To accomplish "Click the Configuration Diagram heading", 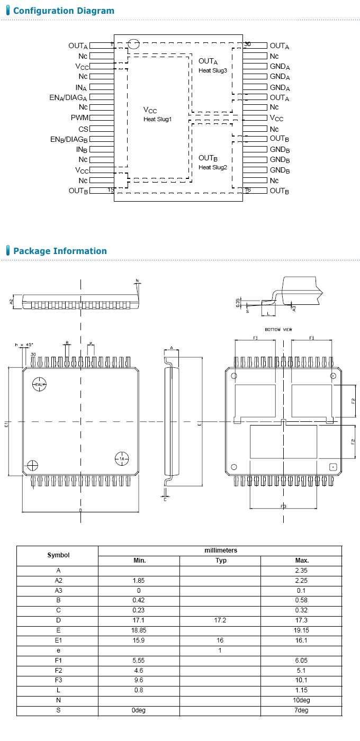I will coord(64,11).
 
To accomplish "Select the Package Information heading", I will coord(60,251).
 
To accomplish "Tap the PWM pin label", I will coord(79,118).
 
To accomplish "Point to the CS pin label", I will coord(83,129).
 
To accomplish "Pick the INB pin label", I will coord(81,149).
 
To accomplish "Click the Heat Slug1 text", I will coord(158,119).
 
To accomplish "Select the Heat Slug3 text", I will coord(213,70).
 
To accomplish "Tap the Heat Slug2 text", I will coord(213,167).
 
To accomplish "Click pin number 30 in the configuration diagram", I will coord(247,44).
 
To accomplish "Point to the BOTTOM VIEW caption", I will coord(279,330).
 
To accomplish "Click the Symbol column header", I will coord(58,555).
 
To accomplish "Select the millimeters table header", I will coord(221,550).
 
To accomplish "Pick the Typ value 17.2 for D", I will coord(221,620).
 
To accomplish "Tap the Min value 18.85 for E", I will coord(139,630).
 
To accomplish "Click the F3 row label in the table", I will coord(58,680).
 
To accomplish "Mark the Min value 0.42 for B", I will coord(139,600).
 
